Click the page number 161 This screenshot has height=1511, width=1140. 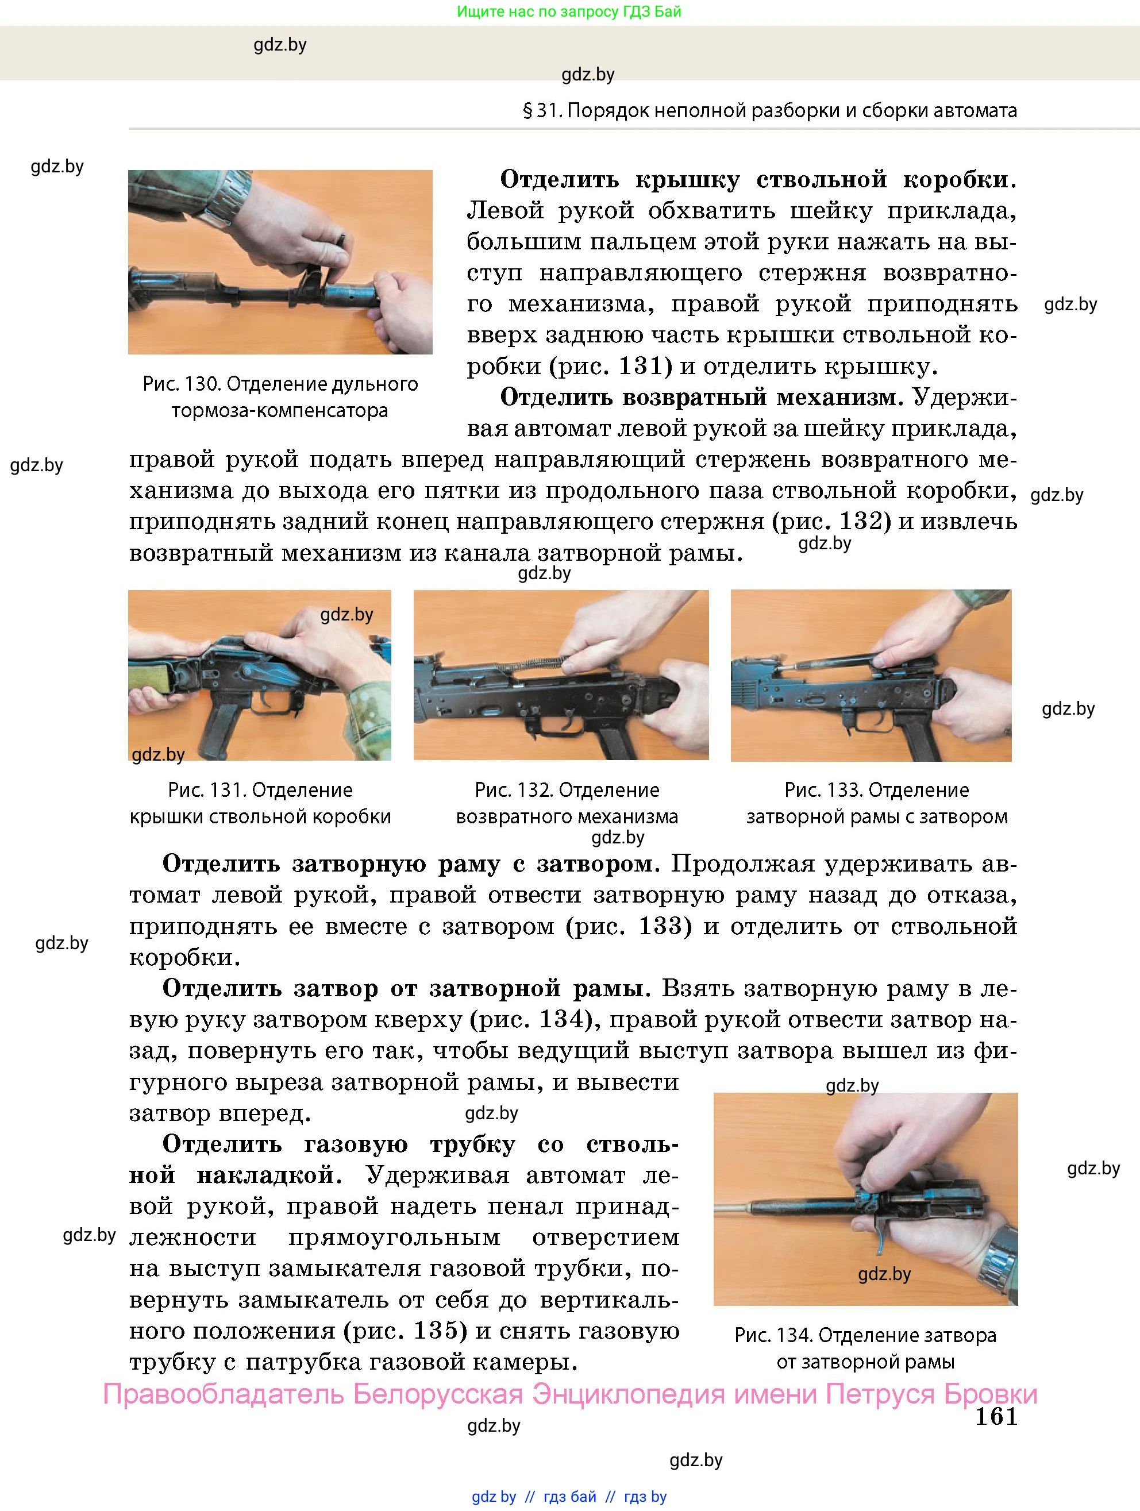coord(996,1417)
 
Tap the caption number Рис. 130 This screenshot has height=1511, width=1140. coord(181,384)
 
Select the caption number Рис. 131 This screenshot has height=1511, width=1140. coord(206,791)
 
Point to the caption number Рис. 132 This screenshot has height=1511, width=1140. coord(513,791)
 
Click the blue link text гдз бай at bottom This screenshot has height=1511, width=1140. coord(569,1497)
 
